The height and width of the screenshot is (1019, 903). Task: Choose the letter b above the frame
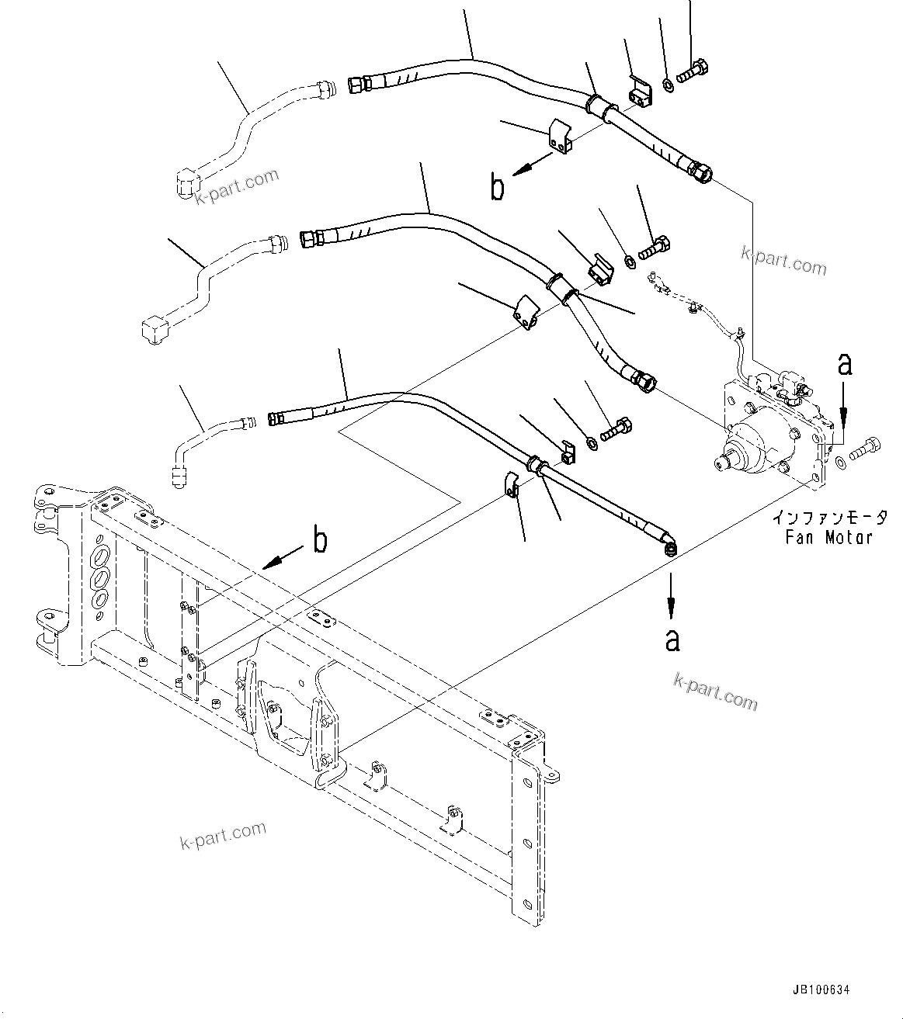(319, 539)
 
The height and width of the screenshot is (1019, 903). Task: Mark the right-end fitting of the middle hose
(645, 380)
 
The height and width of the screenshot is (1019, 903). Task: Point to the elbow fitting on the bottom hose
(669, 546)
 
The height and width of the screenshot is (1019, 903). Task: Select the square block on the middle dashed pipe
(152, 329)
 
